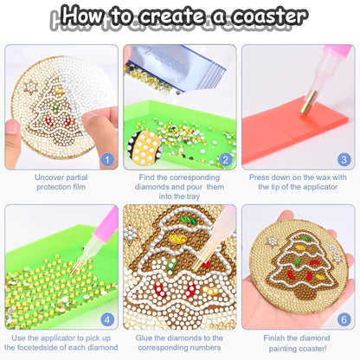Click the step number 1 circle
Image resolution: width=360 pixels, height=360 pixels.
coord(106,159)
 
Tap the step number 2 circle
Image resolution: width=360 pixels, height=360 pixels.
coord(225,159)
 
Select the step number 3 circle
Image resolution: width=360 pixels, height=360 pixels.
coord(344,159)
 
